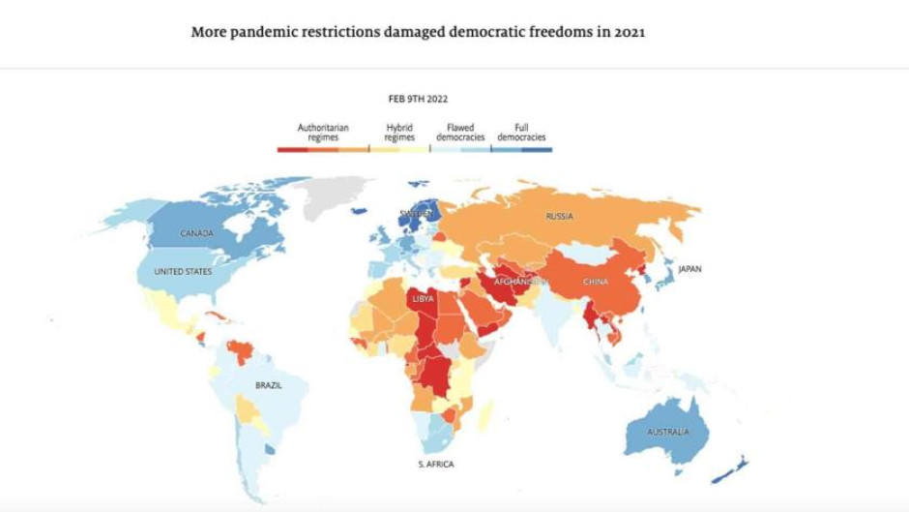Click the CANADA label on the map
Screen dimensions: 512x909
tap(196, 233)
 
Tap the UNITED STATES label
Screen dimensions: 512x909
tap(183, 272)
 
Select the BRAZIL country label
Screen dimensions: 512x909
tap(269, 385)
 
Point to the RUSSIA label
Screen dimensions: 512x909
tap(559, 217)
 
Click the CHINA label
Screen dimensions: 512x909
tap(596, 282)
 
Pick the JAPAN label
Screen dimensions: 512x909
tap(689, 269)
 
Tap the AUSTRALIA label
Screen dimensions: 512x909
tap(668, 432)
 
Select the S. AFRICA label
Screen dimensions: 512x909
tap(436, 465)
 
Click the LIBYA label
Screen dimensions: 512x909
tap(424, 298)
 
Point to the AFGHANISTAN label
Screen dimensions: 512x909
tap(520, 282)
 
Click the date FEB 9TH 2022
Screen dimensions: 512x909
tap(418, 99)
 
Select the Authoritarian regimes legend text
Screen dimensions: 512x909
tap(323, 133)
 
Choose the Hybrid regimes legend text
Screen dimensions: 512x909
tap(399, 133)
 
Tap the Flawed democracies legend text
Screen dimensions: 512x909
tap(460, 133)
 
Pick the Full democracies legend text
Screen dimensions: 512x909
tap(521, 133)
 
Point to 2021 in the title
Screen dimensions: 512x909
tap(628, 32)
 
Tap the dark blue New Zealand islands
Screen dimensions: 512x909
tap(730, 469)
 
